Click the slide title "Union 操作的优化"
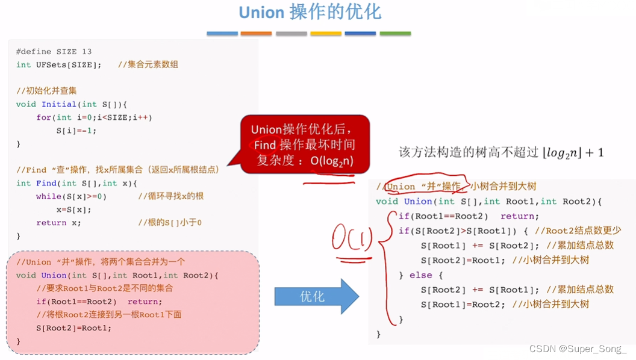pos(310,12)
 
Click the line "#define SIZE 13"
pos(54,52)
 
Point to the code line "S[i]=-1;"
pos(76,131)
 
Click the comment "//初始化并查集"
pos(46,91)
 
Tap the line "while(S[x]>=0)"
pos(71,196)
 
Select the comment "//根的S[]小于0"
pos(170,223)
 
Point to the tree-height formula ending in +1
pos(500,153)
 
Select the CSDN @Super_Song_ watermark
pos(578,349)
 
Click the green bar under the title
pos(395,34)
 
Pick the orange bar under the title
pos(256,34)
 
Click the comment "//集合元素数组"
pos(148,64)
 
